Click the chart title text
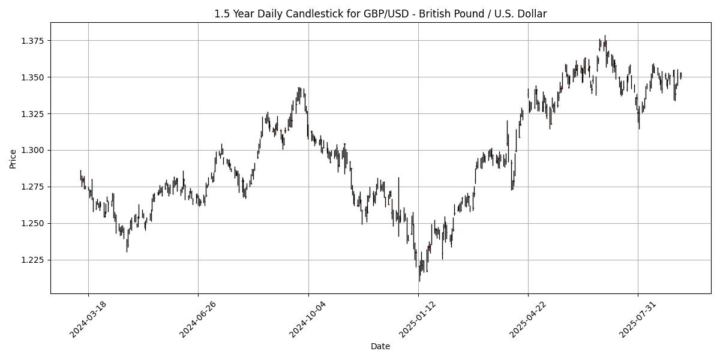(380, 14)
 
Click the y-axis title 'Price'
(13, 158)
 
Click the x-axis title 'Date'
(380, 346)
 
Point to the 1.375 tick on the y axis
(35, 41)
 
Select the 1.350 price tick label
(35, 77)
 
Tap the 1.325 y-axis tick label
(35, 114)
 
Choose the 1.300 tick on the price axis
(35, 150)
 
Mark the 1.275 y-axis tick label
(35, 187)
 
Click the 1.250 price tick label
(35, 223)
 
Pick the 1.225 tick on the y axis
(35, 260)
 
